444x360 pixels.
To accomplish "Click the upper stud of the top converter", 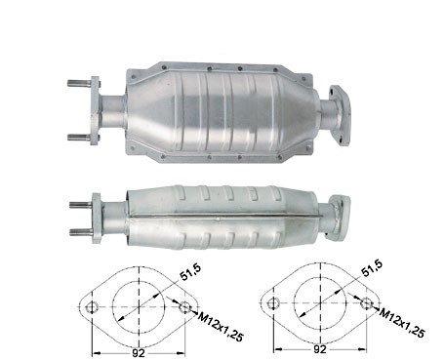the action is [x=80, y=83].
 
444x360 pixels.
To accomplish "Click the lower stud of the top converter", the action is [x=80, y=138].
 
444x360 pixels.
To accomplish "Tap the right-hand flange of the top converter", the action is [x=341, y=115].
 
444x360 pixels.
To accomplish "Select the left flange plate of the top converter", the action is [x=95, y=110].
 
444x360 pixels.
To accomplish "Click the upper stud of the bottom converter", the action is [x=81, y=205].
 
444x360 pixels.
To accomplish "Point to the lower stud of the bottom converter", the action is [x=81, y=232].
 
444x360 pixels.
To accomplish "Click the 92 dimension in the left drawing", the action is [x=139, y=353].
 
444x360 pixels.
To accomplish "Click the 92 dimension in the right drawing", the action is [x=320, y=349].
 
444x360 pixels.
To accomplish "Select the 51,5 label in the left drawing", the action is [x=190, y=272].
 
